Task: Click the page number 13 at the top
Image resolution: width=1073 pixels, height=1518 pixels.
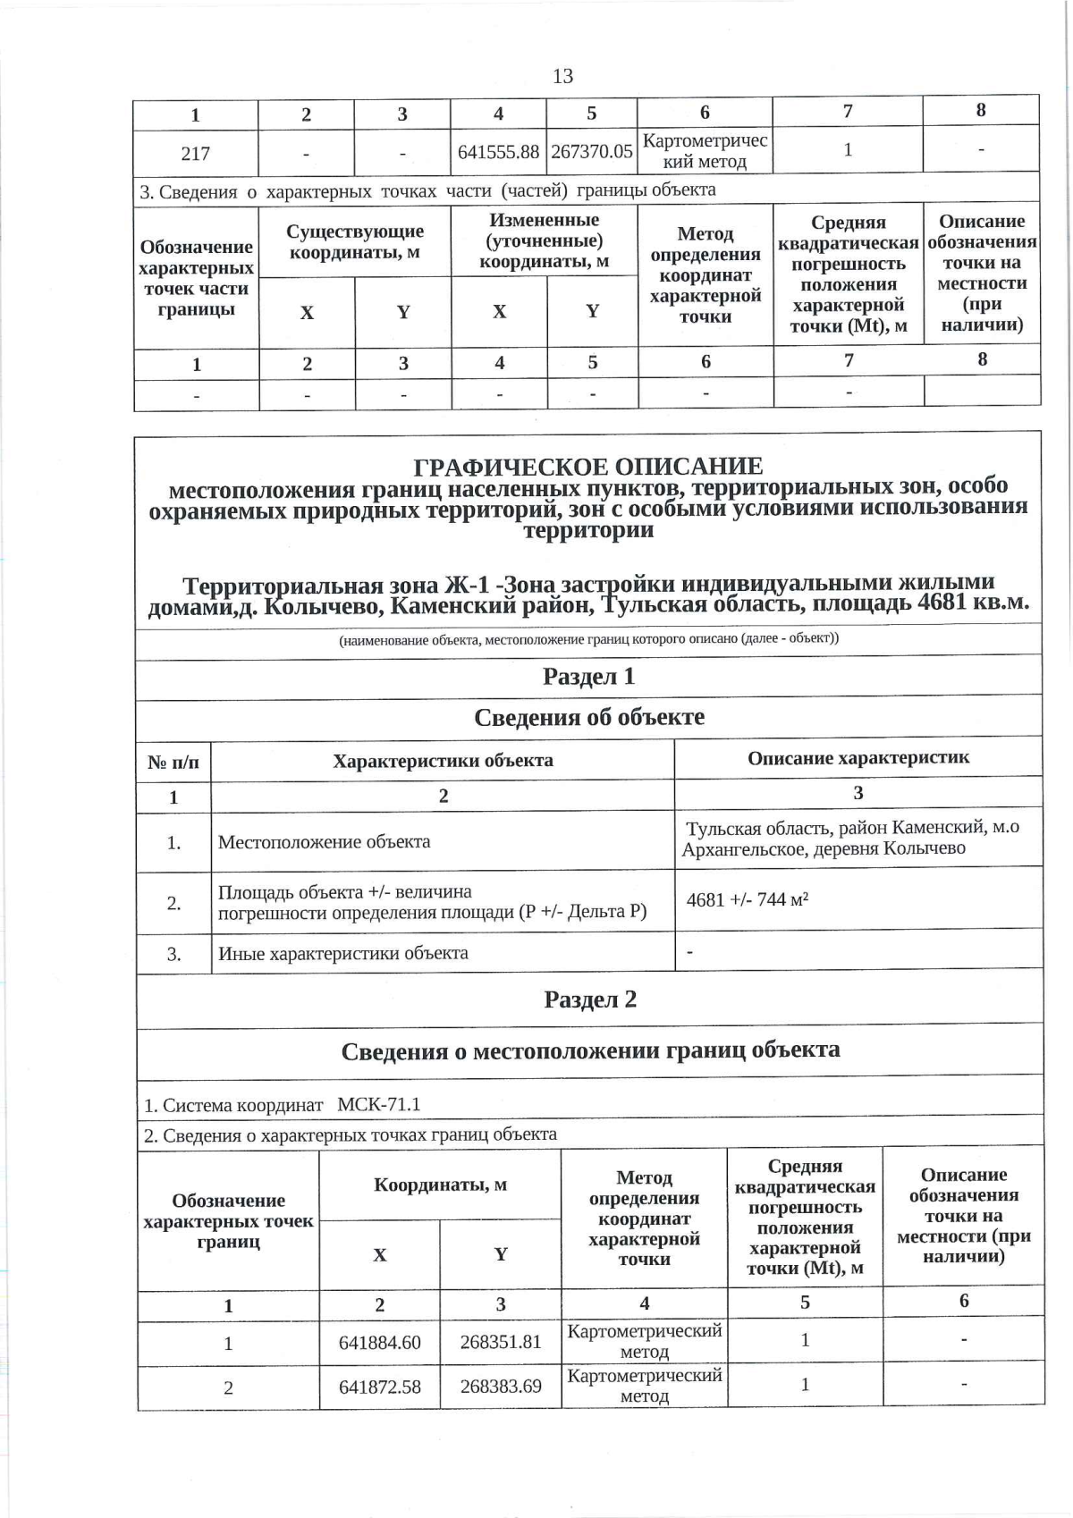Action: (562, 76)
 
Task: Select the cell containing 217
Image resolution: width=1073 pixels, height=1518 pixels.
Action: (195, 153)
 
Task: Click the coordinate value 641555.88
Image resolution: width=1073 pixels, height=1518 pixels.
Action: (498, 152)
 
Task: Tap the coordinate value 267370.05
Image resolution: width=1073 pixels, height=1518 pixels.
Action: (592, 151)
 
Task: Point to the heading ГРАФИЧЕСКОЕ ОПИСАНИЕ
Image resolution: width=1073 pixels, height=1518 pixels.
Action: (588, 466)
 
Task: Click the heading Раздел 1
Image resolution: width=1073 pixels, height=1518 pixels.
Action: (588, 676)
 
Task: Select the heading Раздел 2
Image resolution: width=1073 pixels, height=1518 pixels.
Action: (590, 999)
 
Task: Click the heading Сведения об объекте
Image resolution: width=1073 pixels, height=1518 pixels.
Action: (588, 717)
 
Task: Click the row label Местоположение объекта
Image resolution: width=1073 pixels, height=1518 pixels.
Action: (324, 841)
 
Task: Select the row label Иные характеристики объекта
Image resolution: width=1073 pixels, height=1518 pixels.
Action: (342, 952)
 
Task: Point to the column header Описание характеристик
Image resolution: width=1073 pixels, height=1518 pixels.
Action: (858, 758)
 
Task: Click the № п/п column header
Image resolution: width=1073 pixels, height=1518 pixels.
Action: (173, 761)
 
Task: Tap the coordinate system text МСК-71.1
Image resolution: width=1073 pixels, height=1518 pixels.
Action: (378, 1104)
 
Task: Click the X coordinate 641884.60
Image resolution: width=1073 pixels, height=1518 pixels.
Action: (379, 1342)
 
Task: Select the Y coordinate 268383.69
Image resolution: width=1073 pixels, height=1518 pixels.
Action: (501, 1387)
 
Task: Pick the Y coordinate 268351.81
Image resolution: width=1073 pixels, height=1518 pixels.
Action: (501, 1342)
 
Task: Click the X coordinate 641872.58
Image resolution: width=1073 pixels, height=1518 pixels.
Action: (379, 1387)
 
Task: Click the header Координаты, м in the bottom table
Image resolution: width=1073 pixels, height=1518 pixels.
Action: (440, 1185)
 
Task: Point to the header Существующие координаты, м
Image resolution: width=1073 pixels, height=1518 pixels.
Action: (355, 242)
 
